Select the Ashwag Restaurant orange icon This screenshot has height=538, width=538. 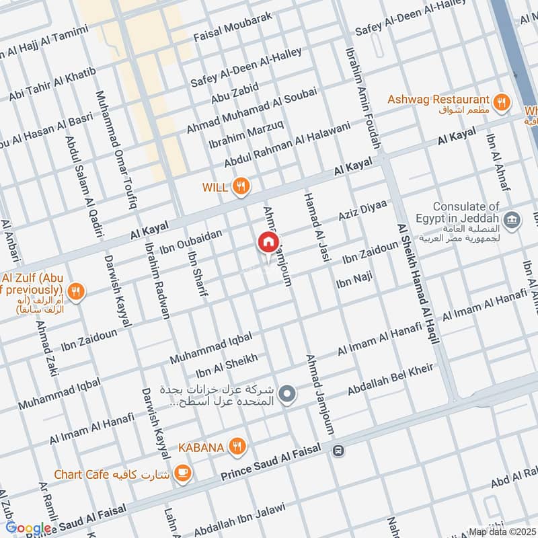500,102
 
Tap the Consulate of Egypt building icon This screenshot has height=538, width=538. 512,219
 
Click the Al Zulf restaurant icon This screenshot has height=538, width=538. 77,292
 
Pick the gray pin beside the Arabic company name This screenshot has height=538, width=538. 287,393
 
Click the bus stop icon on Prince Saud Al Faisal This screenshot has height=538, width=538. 339,451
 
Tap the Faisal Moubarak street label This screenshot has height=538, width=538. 233,27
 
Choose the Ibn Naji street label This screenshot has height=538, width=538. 354,280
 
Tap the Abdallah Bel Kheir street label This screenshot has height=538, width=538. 391,380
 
